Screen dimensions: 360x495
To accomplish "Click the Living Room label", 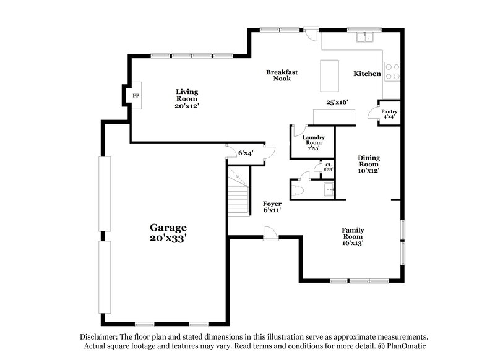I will [x=186, y=95].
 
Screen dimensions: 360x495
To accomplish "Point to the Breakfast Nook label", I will [x=282, y=75].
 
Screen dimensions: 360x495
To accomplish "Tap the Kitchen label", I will [x=367, y=74].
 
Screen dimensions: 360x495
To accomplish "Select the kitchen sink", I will [x=364, y=38].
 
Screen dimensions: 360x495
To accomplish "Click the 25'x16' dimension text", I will [x=337, y=102].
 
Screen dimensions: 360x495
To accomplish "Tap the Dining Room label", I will [x=369, y=161].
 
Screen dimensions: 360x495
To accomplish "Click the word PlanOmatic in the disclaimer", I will [x=406, y=346].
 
